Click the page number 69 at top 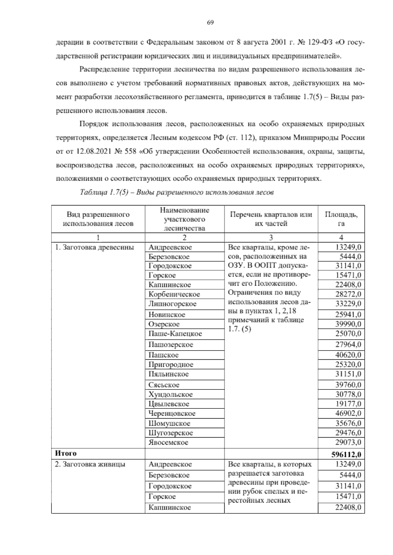[210, 22]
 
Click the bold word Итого [65, 453]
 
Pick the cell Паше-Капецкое [175, 334]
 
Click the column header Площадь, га [341, 219]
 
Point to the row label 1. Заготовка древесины [94, 247]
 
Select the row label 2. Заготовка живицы [90, 464]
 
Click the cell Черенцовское [172, 413]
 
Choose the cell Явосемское [168, 442]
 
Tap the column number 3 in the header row [271, 238]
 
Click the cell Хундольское [170, 394]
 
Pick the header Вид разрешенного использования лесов [98, 219]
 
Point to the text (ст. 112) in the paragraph [240, 138]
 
